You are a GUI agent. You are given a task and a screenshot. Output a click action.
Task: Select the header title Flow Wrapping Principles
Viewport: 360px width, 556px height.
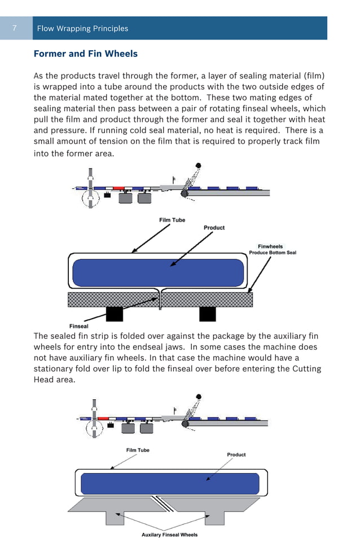(x=82, y=28)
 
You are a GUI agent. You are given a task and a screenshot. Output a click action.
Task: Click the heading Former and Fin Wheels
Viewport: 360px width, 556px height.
(x=86, y=54)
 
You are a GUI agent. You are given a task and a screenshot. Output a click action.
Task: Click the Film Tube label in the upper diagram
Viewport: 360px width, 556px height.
(x=172, y=220)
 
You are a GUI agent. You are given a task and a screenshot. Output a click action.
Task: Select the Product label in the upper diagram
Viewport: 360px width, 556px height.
(x=214, y=227)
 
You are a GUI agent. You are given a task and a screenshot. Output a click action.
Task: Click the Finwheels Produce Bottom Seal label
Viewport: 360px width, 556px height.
(x=272, y=249)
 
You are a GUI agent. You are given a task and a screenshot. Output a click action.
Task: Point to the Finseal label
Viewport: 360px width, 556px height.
(x=78, y=326)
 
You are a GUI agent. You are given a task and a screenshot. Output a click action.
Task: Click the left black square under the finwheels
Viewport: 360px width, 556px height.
(x=115, y=314)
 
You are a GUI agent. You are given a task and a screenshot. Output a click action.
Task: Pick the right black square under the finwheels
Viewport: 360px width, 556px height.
(x=207, y=314)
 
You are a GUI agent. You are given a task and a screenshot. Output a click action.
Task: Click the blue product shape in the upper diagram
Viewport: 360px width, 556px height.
(x=158, y=272)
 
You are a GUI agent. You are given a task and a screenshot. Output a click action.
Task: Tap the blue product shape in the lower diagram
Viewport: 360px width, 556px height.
(x=170, y=483)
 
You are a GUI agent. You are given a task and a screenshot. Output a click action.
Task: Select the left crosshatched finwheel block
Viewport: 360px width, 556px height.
(x=113, y=299)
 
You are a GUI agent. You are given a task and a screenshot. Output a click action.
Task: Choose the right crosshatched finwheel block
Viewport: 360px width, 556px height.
(x=207, y=299)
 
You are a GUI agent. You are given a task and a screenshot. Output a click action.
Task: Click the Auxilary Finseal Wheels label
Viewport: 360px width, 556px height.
(x=169, y=535)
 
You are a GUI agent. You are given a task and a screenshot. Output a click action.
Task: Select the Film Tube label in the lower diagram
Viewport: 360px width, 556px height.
(x=138, y=450)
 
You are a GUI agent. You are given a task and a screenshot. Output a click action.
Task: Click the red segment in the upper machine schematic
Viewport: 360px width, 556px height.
(x=118, y=188)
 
